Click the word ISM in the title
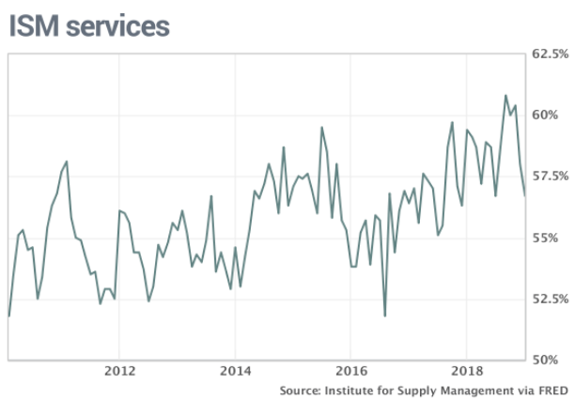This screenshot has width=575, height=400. click(x=34, y=25)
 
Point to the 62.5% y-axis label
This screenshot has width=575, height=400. click(x=550, y=54)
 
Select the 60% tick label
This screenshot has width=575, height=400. click(x=552, y=115)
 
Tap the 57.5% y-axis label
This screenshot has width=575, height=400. click(x=550, y=176)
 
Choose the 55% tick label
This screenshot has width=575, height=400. click(x=552, y=238)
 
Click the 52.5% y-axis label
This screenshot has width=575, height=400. click(x=550, y=299)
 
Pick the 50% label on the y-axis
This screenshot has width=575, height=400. click(x=552, y=360)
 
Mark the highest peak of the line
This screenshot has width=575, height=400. click(x=505, y=95)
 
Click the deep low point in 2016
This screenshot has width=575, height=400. click(x=384, y=315)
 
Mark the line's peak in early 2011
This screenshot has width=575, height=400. click(x=67, y=162)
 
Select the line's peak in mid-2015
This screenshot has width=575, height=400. click(x=321, y=128)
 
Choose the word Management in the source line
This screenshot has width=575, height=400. click(x=467, y=389)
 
